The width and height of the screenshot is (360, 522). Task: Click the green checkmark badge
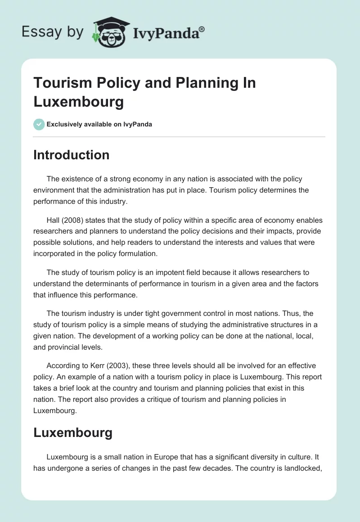click(x=39, y=124)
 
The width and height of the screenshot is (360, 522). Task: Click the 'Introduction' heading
click(x=72, y=155)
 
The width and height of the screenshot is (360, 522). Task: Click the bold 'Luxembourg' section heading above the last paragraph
click(x=73, y=433)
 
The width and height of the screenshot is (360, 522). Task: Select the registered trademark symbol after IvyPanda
click(x=202, y=29)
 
